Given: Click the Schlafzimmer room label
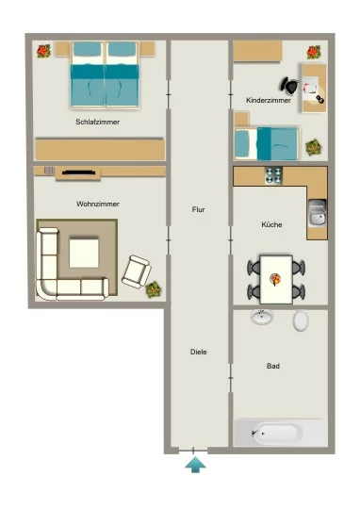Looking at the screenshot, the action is point(97,122).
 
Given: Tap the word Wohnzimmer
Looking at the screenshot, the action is point(98,204).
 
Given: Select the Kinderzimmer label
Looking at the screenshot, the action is point(269,100).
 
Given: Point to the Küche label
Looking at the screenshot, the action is point(271,224).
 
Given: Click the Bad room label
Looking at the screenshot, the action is point(273,366).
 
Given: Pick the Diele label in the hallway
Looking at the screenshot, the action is point(198,352).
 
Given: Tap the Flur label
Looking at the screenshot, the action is point(198,209).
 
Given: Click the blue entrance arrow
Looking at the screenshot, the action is point(195,465).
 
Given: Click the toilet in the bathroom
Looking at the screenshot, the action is point(301,320).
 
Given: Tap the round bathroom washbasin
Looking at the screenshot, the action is point(262,317).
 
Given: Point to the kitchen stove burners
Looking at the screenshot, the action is point(273,175).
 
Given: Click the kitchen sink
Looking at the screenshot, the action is point(318,213).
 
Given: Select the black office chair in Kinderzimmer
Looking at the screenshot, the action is point(289,86).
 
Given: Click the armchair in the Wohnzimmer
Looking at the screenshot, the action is point(137,271).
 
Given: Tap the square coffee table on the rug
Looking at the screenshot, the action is point(84,254).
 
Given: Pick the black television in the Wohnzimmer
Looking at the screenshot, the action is point(79,172).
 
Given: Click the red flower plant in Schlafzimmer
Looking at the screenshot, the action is point(43,51).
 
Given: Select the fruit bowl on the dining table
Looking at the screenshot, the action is point(275,279).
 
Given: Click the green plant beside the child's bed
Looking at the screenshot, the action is point(314,148).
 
